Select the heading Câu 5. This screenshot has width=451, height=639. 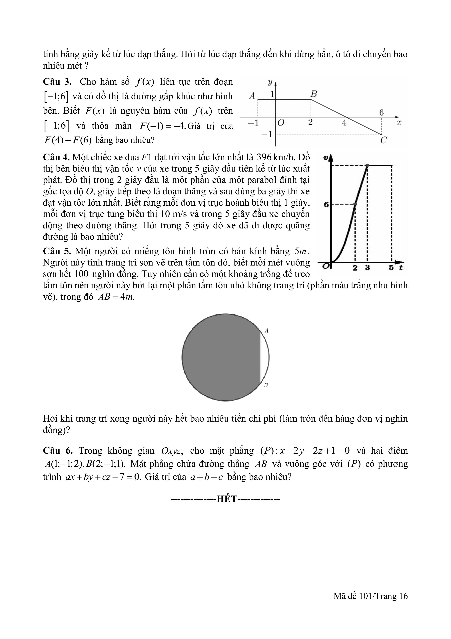pos(57,251)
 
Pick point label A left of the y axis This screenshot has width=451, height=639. pos(252,96)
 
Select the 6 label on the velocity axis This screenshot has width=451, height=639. pos(326,205)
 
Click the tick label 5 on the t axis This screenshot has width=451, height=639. pos(391,268)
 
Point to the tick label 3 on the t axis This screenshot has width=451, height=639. pos(367,268)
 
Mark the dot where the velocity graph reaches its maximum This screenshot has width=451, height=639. pos(367,166)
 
